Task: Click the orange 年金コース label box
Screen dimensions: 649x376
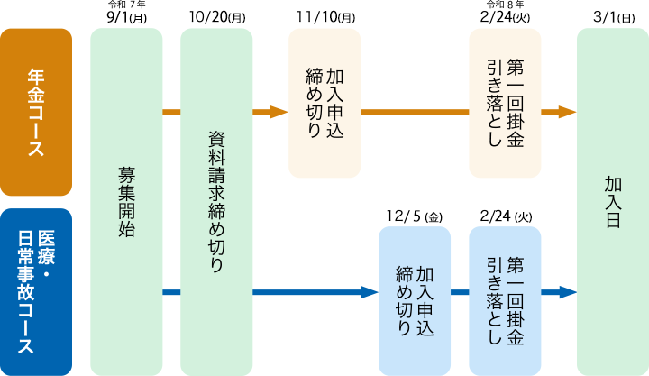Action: tap(36, 112)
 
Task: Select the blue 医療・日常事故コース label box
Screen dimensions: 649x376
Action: tap(36, 292)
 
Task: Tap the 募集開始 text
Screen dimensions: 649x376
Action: tap(126, 202)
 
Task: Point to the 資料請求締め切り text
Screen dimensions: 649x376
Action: tap(216, 202)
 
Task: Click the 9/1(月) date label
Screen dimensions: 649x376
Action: tap(127, 18)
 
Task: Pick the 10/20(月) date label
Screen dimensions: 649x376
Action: tap(217, 17)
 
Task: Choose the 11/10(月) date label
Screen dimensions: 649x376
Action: tap(325, 17)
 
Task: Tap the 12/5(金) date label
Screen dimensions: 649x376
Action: tap(415, 216)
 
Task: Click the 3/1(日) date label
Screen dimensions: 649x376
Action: tap(614, 17)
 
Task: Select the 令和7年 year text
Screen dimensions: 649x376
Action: tap(127, 5)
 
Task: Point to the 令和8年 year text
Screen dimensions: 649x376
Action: tap(505, 5)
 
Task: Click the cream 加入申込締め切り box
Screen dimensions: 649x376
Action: tap(324, 103)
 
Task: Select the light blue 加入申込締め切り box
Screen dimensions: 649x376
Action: tap(415, 301)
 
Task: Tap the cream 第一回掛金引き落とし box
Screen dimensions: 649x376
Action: tap(505, 103)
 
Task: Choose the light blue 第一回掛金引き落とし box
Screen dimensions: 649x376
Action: tap(505, 301)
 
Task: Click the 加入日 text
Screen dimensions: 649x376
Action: tap(613, 202)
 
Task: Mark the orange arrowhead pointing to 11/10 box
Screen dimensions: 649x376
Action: tap(279, 112)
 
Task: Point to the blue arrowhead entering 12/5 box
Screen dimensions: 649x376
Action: tap(370, 292)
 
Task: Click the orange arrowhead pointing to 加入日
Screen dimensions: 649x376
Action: tap(568, 112)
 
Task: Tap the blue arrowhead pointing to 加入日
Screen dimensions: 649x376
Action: tap(568, 292)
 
